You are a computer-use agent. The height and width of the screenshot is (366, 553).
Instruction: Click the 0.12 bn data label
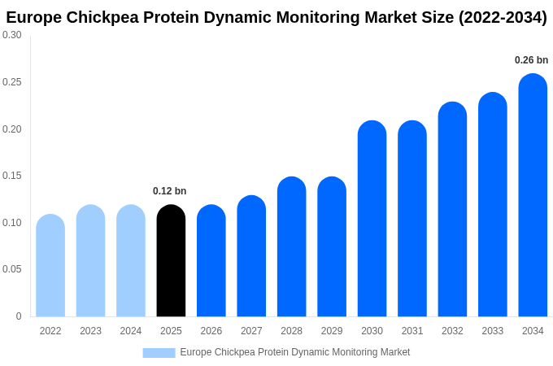[x=169, y=191]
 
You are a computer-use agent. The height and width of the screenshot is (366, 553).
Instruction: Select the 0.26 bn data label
[x=531, y=60]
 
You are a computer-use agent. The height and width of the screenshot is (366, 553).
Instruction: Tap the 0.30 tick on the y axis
[x=12, y=35]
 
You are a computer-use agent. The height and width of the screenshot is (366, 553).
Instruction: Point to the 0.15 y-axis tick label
[x=12, y=176]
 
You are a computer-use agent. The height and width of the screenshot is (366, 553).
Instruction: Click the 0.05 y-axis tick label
[x=12, y=269]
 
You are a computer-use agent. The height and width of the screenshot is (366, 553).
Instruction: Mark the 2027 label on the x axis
[x=251, y=331]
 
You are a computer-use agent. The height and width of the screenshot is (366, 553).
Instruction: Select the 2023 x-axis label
[x=90, y=331]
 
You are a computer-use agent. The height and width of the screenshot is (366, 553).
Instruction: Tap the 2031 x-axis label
[x=412, y=331]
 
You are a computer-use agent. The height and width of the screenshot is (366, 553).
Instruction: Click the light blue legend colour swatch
[x=159, y=352]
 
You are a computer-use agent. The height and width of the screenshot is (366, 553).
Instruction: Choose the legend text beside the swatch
[x=294, y=352]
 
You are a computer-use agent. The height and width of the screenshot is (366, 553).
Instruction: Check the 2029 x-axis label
[x=332, y=331]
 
